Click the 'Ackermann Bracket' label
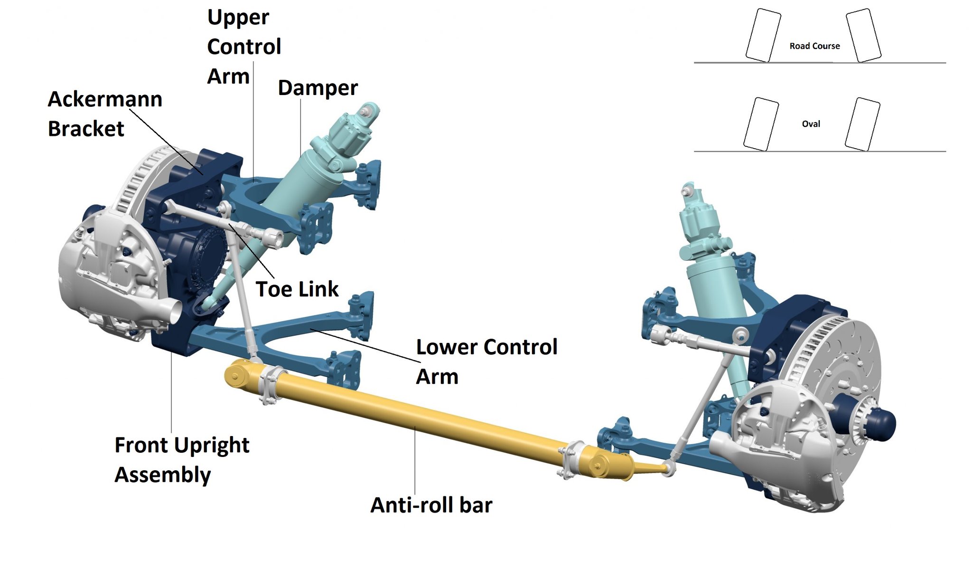(105, 114)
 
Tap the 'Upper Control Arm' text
(244, 47)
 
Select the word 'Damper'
(318, 88)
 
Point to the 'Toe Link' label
(297, 289)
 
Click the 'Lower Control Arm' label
(486, 361)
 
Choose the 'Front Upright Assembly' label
(182, 459)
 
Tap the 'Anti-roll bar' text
(431, 505)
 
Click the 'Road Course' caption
(814, 46)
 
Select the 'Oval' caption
(811, 124)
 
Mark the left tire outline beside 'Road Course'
(763, 36)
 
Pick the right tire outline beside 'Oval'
(862, 124)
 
